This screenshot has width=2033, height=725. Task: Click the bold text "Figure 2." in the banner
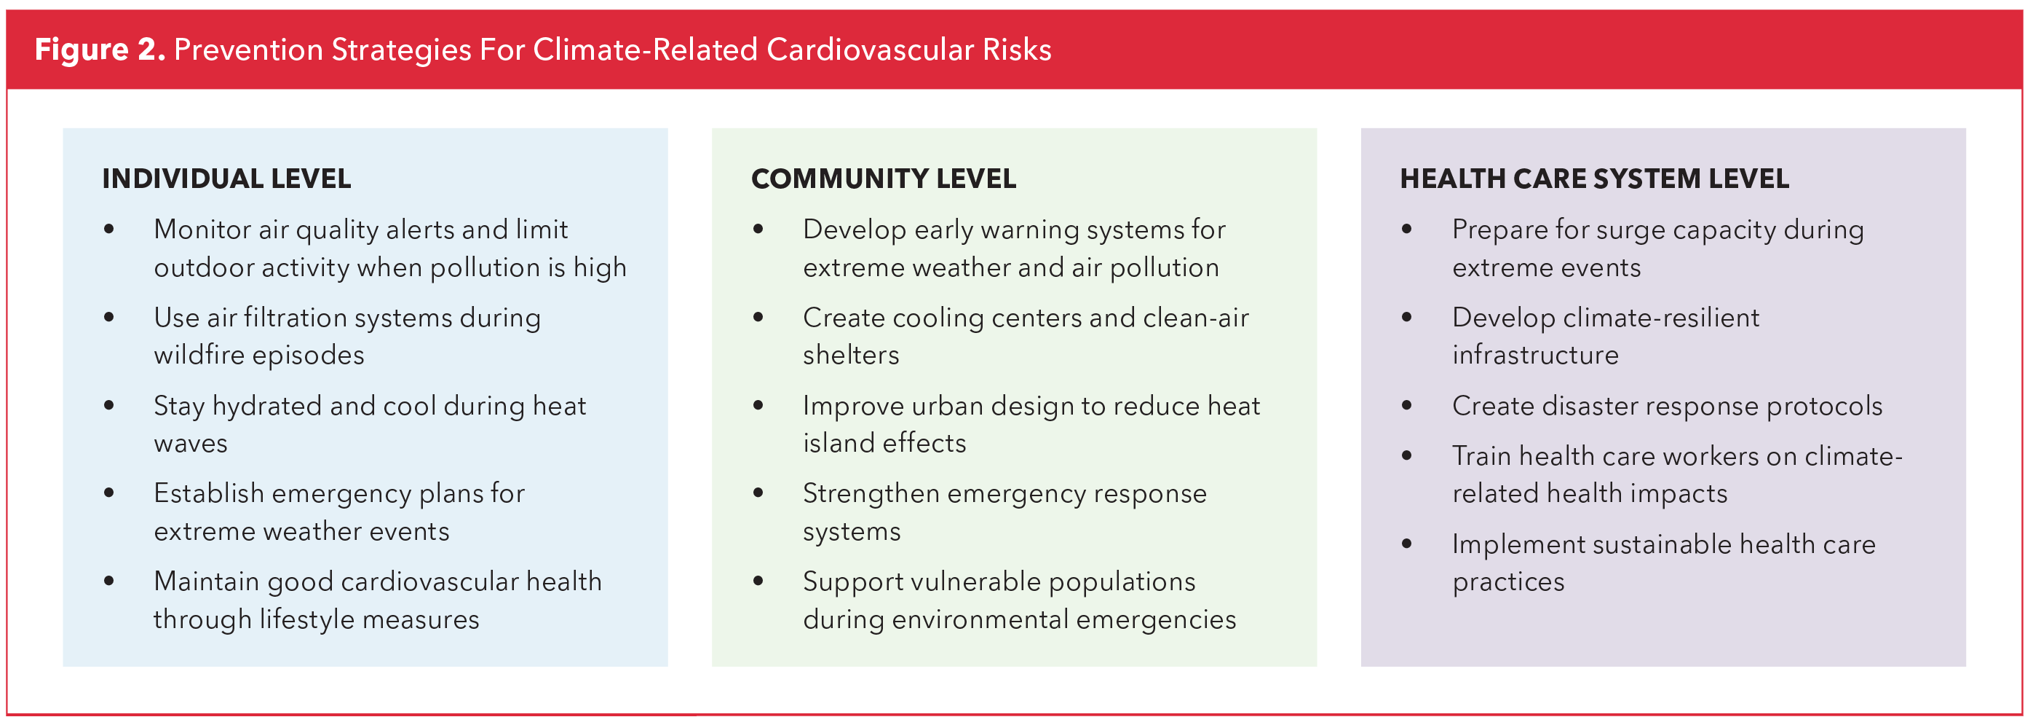point(100,50)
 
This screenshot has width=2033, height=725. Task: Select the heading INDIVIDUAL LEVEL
point(226,179)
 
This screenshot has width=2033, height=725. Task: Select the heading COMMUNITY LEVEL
point(883,179)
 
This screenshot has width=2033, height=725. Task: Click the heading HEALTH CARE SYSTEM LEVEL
point(1594,179)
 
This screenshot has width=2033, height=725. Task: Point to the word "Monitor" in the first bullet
point(202,229)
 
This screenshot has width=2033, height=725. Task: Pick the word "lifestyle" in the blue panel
point(307,619)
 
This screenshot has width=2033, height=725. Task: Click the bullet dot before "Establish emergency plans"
point(109,493)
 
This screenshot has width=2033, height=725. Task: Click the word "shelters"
point(851,355)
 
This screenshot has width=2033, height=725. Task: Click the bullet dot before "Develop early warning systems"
point(758,230)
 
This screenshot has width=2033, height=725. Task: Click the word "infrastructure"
point(1535,355)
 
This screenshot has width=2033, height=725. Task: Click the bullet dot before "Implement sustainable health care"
point(1407,544)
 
